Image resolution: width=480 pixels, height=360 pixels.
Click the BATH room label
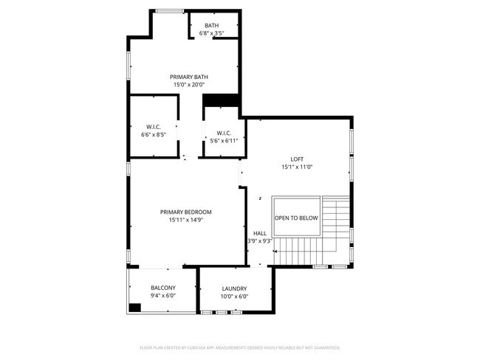[212, 26]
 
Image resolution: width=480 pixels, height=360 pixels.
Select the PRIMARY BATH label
[188, 77]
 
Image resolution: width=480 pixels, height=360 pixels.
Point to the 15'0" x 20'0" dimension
[188, 85]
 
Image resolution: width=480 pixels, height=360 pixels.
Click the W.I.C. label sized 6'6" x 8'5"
[153, 128]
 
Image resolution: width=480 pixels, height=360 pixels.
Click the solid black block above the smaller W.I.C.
[222, 101]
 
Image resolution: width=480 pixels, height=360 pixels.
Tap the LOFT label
[297, 159]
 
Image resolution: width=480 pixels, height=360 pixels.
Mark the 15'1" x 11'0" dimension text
[297, 167]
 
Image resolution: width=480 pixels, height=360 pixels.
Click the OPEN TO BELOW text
[296, 218]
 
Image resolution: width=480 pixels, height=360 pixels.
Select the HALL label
[260, 233]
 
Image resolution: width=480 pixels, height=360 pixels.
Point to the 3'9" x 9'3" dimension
[260, 241]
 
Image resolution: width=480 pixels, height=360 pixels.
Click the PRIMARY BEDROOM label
[186, 212]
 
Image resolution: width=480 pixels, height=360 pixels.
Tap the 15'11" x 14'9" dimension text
[186, 220]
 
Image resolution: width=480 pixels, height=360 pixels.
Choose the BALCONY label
[163, 288]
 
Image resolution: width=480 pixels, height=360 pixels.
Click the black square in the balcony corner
[135, 308]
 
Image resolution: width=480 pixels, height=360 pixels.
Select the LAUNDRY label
[234, 288]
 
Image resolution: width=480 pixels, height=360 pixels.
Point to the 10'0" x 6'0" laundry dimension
[234, 297]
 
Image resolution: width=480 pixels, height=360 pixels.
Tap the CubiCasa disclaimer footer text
[239, 347]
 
